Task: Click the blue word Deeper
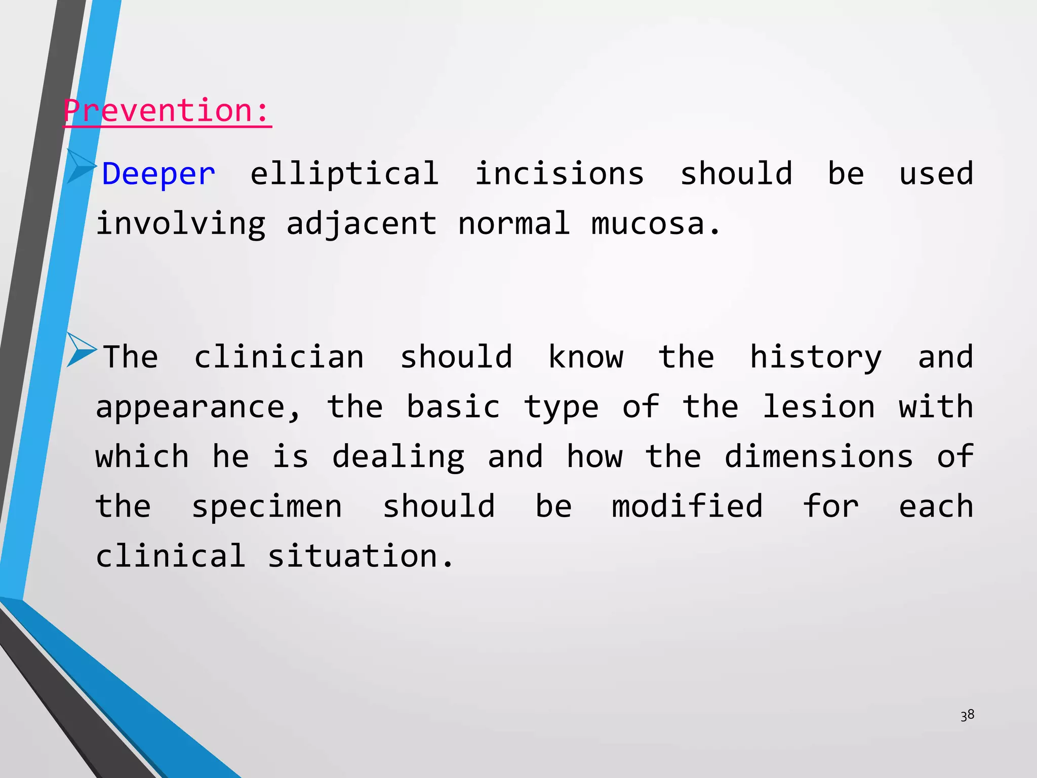[x=158, y=174]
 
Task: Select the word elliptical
[x=344, y=174]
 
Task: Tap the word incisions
[x=559, y=173]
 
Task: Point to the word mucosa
[x=655, y=224]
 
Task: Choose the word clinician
[x=279, y=357]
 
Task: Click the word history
[x=815, y=358]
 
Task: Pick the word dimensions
[x=819, y=456]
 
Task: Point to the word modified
[x=687, y=506]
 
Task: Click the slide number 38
[x=967, y=715]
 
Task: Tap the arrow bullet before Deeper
[x=81, y=166]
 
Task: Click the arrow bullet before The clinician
[x=81, y=349]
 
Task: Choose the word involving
[x=181, y=224]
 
